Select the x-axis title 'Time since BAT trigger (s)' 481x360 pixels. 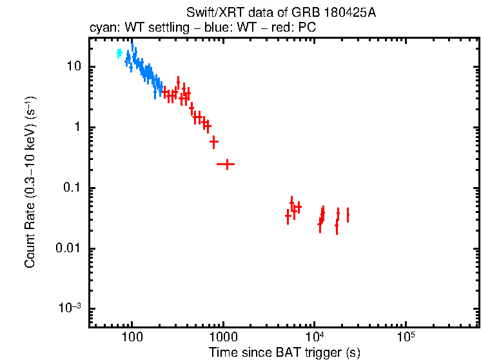pyautogui.click(x=284, y=352)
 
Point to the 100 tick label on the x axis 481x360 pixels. pyautogui.click(x=132, y=337)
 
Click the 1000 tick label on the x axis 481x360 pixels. pyautogui.click(x=223, y=337)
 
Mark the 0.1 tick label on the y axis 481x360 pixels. pyautogui.click(x=73, y=188)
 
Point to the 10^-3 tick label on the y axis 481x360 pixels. pyautogui.click(x=70, y=308)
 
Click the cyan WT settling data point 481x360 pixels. pyautogui.click(x=119, y=54)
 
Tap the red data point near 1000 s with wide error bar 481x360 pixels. pyautogui.click(x=226, y=165)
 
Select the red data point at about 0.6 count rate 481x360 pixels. pyautogui.click(x=214, y=141)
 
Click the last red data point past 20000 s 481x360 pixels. pyautogui.click(x=348, y=215)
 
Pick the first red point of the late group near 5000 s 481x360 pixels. pyautogui.click(x=288, y=216)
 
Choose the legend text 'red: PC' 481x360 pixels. pyautogui.click(x=297, y=28)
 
